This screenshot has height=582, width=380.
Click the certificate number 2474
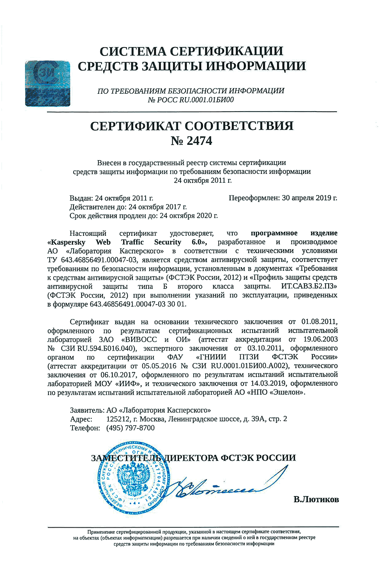click(199, 141)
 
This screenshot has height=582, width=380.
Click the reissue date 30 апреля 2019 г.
click(310, 198)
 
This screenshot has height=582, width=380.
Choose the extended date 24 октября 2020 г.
click(188, 215)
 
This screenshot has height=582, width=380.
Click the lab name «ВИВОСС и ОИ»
click(156, 340)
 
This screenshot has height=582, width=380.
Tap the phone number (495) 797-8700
click(130, 428)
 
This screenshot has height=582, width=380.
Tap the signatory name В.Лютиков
click(316, 500)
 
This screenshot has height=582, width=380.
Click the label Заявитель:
click(87, 410)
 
